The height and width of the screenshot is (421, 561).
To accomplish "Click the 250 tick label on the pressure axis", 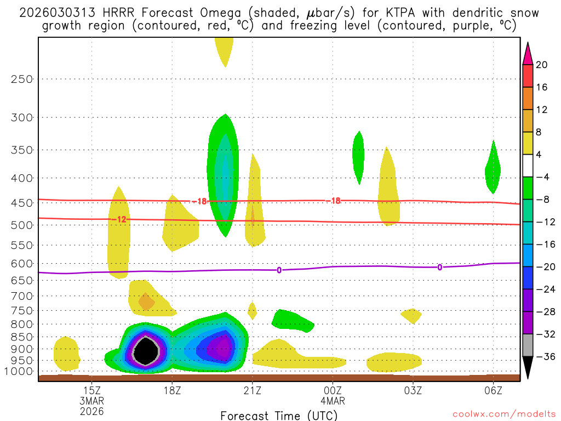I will (x=22, y=79).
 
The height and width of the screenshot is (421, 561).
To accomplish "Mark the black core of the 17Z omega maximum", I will (x=146, y=351).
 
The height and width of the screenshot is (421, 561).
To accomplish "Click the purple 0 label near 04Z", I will (x=439, y=267).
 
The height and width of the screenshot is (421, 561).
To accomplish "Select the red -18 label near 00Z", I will (x=335, y=201).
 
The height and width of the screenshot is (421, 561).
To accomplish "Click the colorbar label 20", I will (x=542, y=65).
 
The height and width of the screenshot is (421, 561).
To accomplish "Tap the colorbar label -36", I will (x=543, y=356).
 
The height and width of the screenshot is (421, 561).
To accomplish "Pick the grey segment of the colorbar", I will (x=528, y=345).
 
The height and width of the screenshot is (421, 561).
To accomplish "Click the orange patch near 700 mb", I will (x=146, y=300).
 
